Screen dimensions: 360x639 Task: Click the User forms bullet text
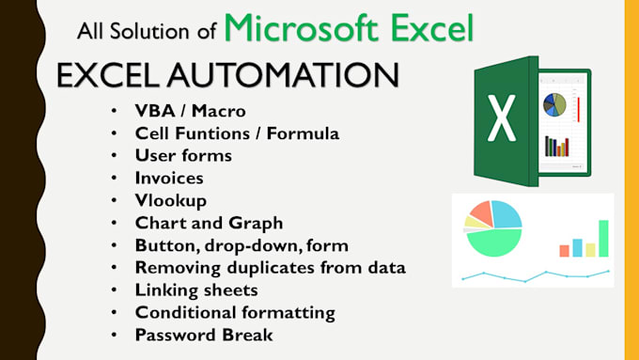click(183, 155)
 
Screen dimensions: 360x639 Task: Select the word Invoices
click(169, 177)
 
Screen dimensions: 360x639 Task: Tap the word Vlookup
click(171, 200)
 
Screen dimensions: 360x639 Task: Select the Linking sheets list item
click(196, 290)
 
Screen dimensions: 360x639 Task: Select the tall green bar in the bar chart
click(603, 238)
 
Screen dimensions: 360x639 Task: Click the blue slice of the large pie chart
click(508, 213)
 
